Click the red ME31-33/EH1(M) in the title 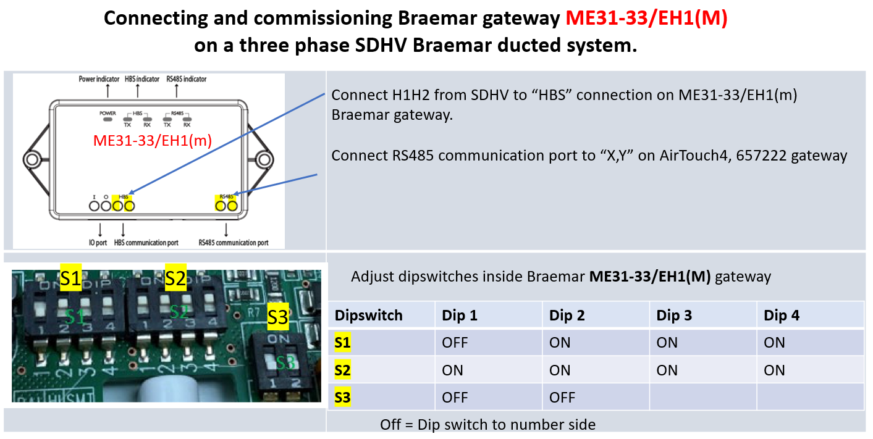(x=646, y=18)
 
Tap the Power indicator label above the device (x=99, y=79)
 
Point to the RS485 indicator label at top (x=187, y=79)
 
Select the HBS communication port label (x=146, y=243)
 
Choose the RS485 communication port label (x=234, y=243)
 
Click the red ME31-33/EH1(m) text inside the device (x=153, y=140)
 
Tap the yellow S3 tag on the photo (x=278, y=318)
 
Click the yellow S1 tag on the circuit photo (x=70, y=279)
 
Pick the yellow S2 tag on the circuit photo (x=175, y=279)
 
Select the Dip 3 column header (x=675, y=316)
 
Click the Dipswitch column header (x=368, y=316)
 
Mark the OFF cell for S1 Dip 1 (x=455, y=342)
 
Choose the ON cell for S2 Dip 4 (x=774, y=370)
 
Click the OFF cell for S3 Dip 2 (x=562, y=397)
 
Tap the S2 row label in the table (x=342, y=370)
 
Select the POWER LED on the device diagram (x=108, y=119)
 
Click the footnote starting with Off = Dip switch (x=488, y=424)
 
